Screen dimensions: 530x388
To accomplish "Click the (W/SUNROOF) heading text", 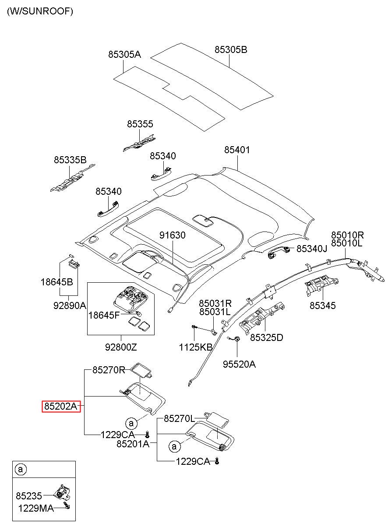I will click(40, 12).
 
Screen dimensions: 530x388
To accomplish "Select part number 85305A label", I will click(125, 55).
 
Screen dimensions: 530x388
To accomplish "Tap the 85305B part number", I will click(231, 50).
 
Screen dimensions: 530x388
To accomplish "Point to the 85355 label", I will click(140, 124).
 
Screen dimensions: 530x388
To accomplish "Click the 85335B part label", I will click(70, 160).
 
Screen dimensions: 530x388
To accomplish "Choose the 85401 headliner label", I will click(237, 150).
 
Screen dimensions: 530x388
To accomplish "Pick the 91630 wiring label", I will click(172, 235).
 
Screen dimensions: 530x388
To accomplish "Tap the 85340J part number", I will click(312, 249).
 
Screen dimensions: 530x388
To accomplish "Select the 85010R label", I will click(347, 235).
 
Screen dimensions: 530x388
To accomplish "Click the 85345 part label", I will click(323, 305).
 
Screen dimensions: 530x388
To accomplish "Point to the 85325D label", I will click(267, 337).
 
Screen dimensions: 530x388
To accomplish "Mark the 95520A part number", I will click(239, 364).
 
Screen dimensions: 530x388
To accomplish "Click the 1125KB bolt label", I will click(195, 347).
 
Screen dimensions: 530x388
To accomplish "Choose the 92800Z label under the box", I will click(121, 347).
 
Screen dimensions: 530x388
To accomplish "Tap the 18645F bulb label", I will click(104, 315).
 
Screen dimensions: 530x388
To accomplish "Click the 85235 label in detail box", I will click(29, 496).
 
